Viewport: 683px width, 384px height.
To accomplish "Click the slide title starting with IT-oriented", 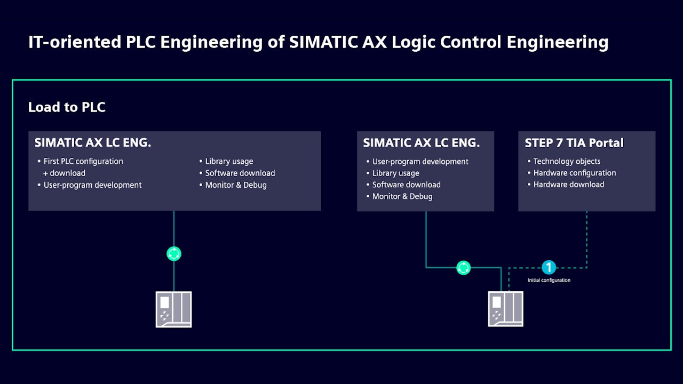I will coord(318,42).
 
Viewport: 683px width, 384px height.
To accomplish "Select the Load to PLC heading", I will coord(67,107).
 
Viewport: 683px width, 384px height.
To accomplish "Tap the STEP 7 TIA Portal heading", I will coord(574,143).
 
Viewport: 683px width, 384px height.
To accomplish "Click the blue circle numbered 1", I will coord(549,267).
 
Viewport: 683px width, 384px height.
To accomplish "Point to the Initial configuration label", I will coord(549,281).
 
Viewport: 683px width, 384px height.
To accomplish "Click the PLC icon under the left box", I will coord(173,309).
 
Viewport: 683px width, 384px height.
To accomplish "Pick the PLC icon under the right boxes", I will coord(505,309).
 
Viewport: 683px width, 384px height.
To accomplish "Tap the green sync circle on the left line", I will coord(174,254).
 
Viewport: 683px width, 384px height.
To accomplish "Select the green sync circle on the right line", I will coord(464,268).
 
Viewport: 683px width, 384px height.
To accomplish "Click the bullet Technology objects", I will coord(567,162).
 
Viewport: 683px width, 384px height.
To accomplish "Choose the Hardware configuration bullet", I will coord(575,173).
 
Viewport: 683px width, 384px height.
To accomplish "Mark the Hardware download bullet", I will coord(569,185).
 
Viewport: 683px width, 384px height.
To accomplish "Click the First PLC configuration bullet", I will coord(83,162).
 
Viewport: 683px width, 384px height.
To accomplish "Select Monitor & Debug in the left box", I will coord(236,185).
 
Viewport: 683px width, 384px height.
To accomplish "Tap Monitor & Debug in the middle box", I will coord(402,196).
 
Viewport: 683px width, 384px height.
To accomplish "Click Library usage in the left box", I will coord(229,162).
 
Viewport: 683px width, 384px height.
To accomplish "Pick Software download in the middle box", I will coord(406,185).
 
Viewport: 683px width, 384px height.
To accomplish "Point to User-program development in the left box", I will coord(92,185).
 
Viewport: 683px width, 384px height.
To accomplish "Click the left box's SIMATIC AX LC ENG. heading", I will coord(92,143).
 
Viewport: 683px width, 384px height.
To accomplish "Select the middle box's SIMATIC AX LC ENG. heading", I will coord(421,143).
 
